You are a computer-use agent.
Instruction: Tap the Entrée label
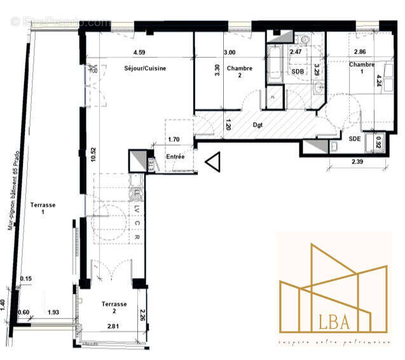[175, 156]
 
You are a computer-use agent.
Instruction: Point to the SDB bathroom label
[297, 71]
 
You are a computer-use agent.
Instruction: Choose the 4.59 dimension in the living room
[140, 53]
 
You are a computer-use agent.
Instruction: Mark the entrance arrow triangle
[212, 163]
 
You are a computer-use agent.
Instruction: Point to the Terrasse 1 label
[43, 209]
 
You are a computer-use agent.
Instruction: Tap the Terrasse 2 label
[114, 308]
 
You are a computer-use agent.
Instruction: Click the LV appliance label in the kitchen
[137, 209]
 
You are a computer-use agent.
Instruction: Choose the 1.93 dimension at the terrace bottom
[54, 313]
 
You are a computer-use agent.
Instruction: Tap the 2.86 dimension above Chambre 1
[360, 53]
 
